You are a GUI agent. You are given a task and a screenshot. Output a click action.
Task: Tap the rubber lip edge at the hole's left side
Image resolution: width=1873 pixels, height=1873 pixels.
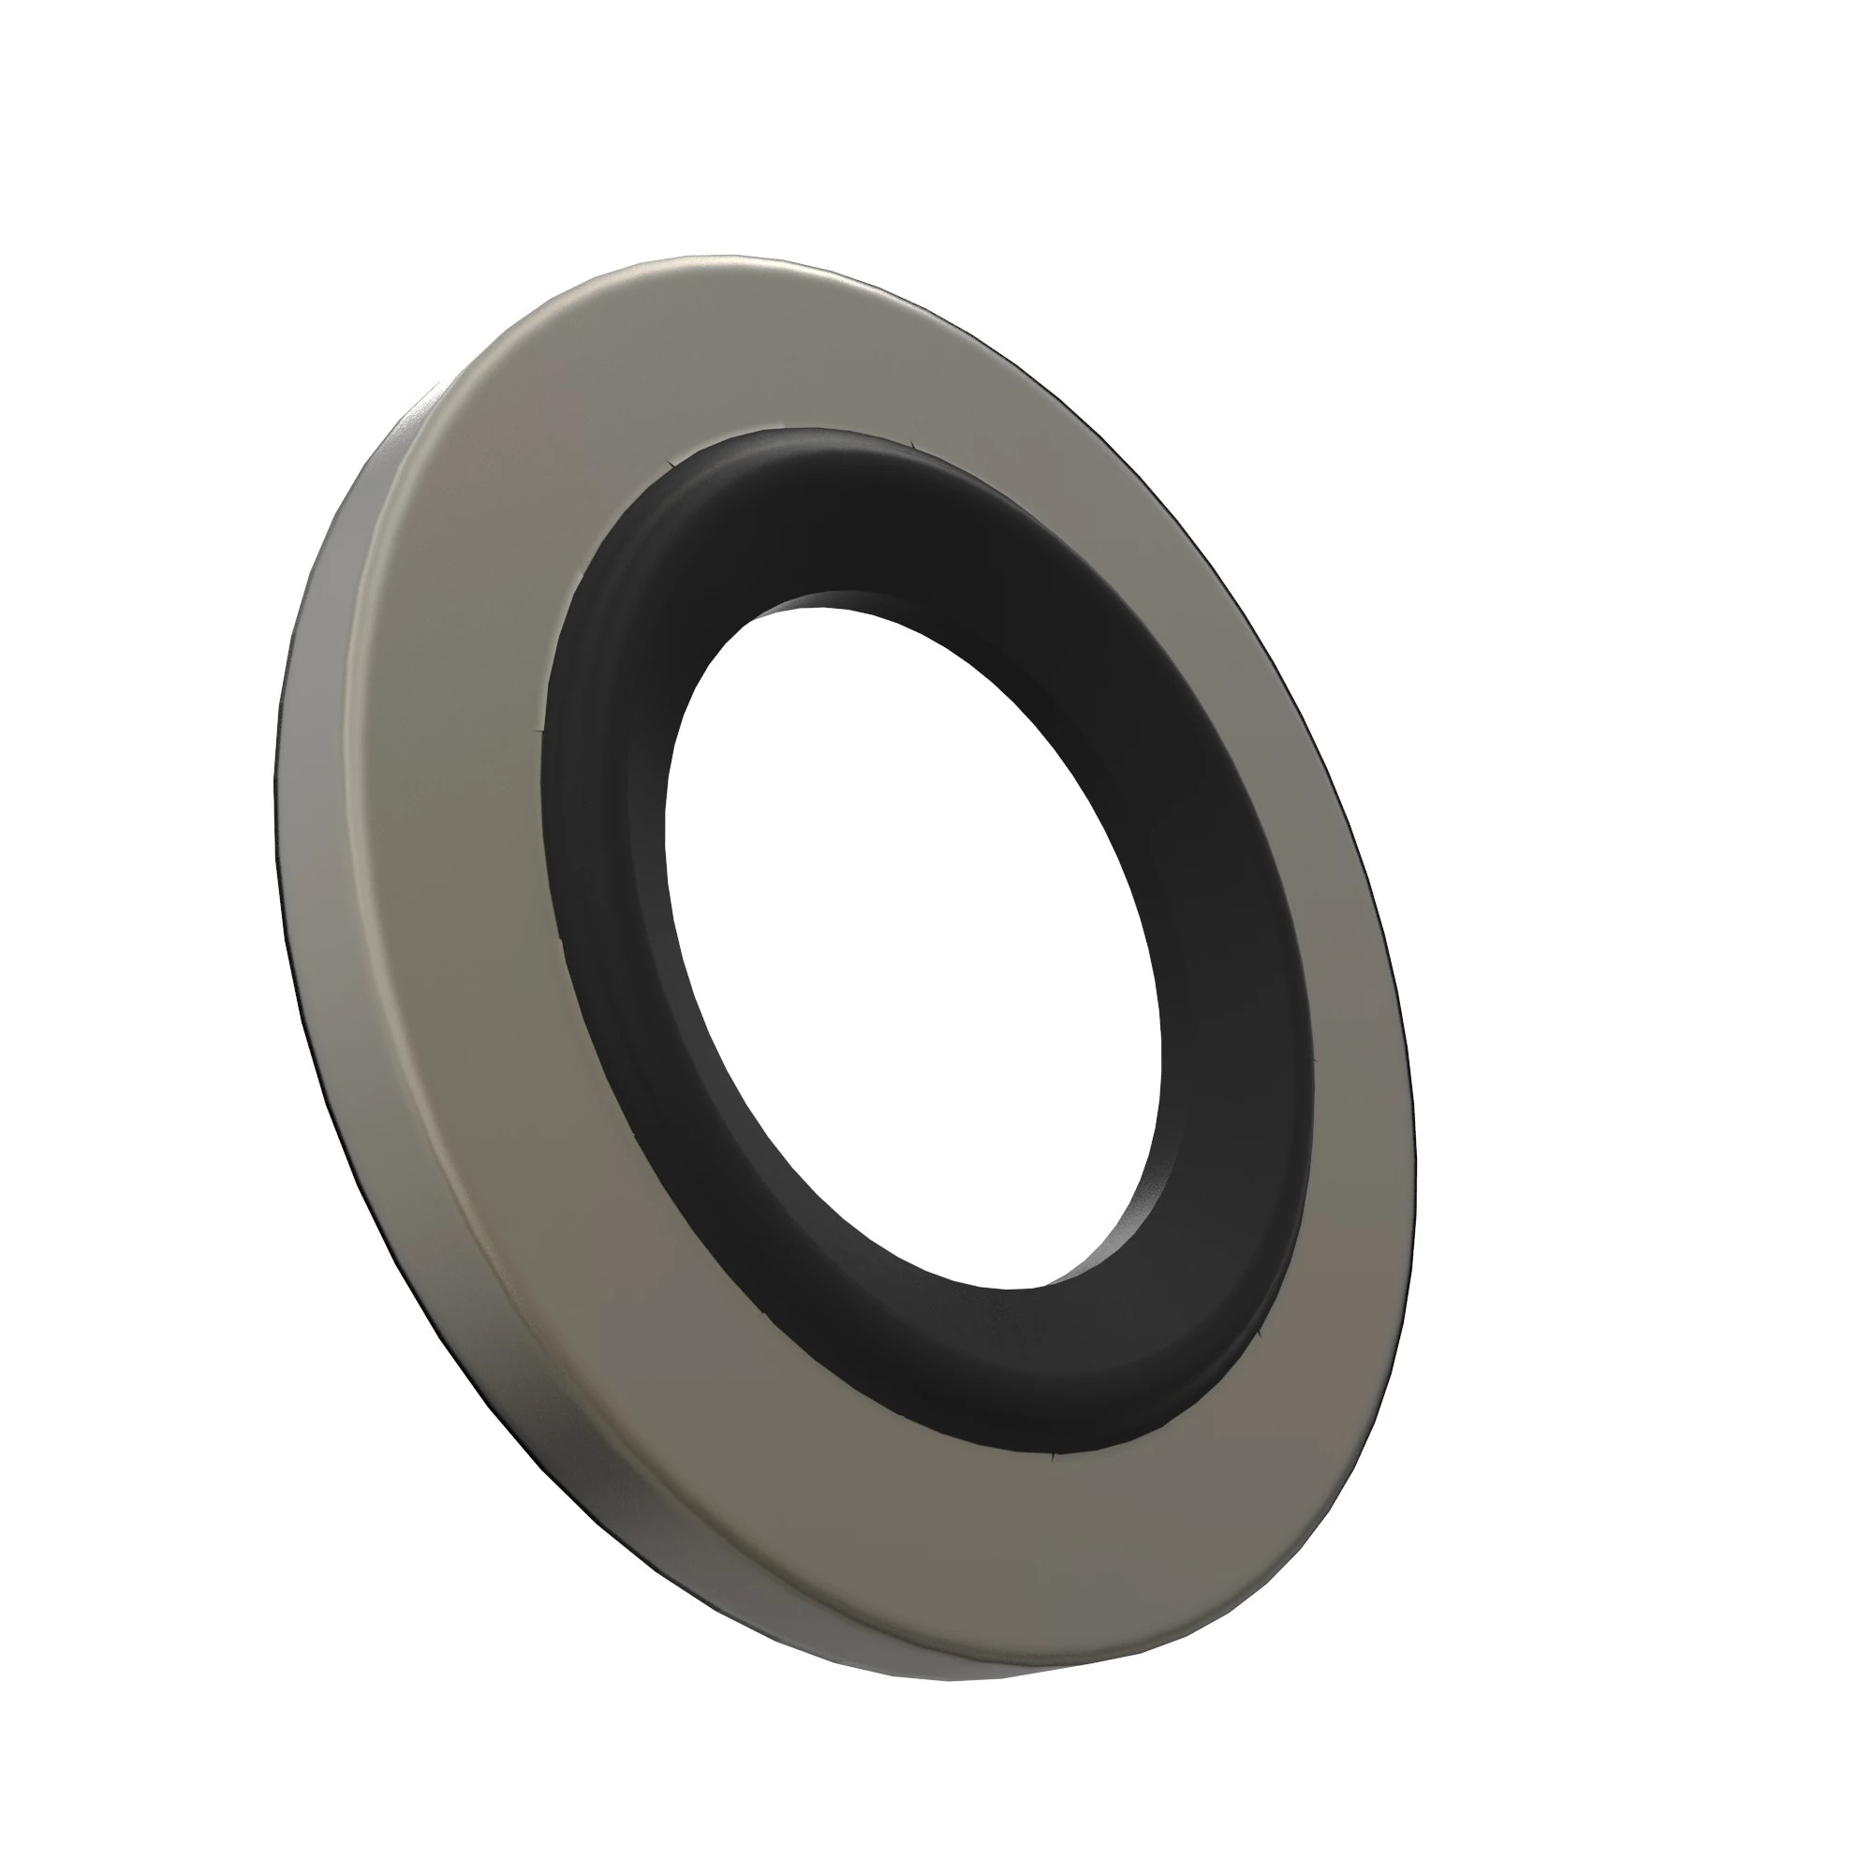coord(669,873)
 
